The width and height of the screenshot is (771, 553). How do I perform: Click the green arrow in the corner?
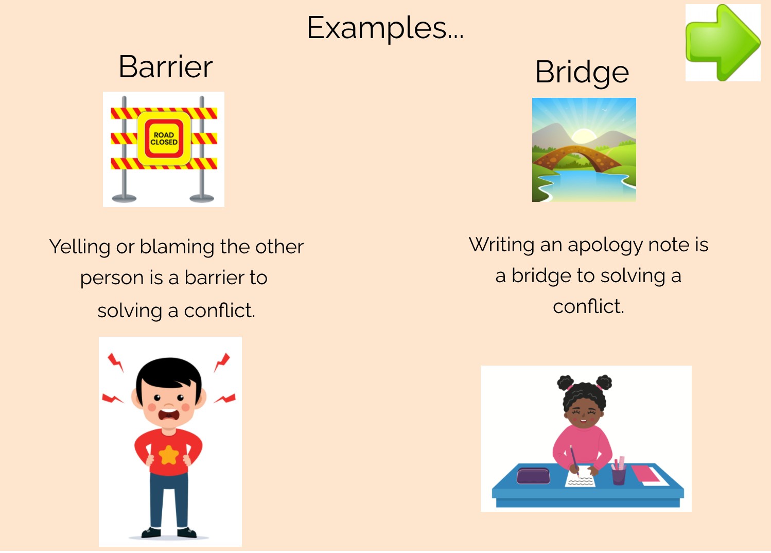723,43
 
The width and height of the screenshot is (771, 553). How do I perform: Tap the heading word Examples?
385,28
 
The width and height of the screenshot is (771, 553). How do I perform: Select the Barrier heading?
165,67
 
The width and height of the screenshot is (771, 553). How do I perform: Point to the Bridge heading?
582,72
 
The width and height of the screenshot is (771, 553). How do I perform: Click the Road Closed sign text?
164,139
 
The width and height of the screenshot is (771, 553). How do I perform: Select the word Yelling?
80,247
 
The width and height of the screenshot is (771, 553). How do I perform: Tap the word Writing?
501,245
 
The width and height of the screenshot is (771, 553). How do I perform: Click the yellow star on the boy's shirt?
168,455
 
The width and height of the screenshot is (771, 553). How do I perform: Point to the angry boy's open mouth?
169,413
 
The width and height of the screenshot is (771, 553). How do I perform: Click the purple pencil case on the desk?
533,475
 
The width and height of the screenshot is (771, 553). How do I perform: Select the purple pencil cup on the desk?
619,475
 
